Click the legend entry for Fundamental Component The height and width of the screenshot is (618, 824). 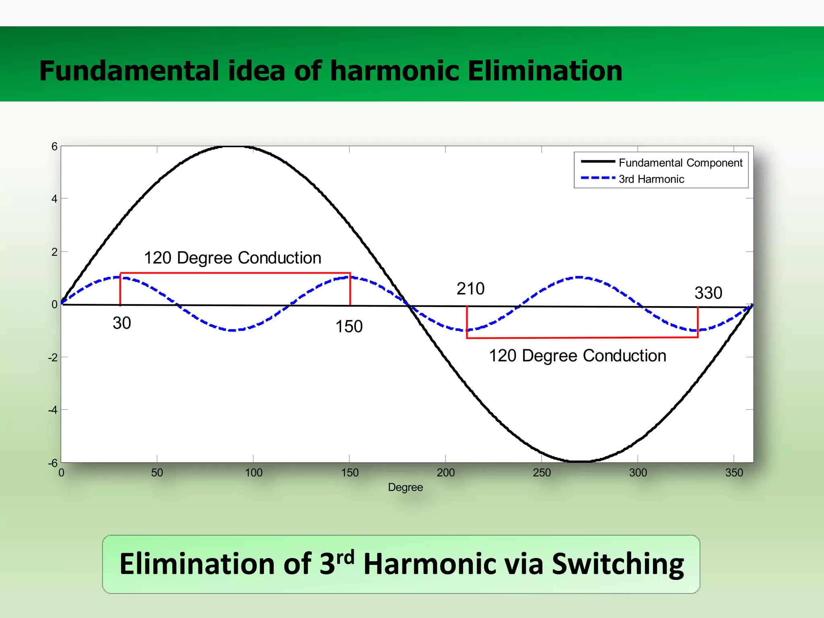680,163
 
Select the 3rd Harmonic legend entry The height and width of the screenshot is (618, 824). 651,179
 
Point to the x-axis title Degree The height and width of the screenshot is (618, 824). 405,487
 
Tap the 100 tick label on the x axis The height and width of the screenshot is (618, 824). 253,472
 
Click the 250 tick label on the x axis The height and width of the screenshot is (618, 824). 542,472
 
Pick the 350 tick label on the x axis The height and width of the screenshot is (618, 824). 734,472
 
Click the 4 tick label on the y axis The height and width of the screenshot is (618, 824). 54,199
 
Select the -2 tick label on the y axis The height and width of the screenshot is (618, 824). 53,357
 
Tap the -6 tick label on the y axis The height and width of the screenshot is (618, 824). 53,463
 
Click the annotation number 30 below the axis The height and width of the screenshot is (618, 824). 122,323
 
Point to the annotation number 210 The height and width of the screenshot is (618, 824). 470,288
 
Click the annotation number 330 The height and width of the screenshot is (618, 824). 708,293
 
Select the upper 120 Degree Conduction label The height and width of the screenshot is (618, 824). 233,258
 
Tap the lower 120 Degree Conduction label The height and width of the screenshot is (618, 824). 577,356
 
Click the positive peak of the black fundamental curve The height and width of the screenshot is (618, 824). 234,147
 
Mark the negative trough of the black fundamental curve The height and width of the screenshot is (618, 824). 578,461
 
